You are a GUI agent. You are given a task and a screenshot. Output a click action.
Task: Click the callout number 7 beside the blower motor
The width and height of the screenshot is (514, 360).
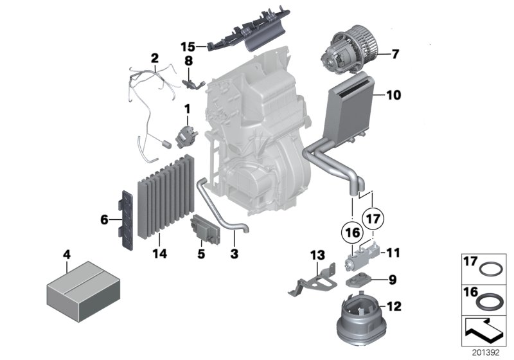[x=394, y=54]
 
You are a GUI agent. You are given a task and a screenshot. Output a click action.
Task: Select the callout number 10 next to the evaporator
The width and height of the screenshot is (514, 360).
[x=393, y=96]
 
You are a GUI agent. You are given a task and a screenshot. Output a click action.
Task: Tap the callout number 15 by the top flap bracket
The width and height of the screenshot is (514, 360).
[x=187, y=46]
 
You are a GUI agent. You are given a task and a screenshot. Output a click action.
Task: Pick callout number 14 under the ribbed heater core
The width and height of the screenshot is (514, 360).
[x=159, y=255]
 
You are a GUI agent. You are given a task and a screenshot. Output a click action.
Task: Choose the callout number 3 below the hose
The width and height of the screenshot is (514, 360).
[x=234, y=255]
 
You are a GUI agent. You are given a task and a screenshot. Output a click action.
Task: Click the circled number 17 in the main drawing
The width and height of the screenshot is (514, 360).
[x=375, y=217]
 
